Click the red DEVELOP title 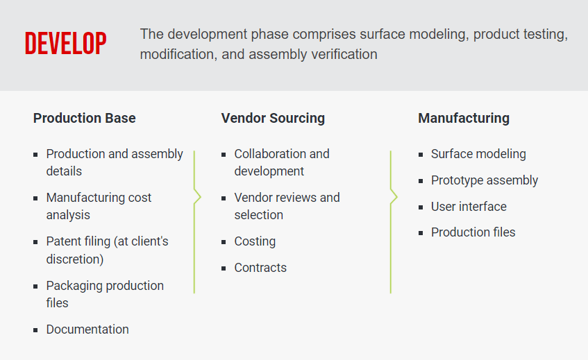pos(65,43)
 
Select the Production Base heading pos(84,118)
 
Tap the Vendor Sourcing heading pos(273,118)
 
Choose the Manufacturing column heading pos(464,118)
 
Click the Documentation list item pos(87,329)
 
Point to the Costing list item pos(255,241)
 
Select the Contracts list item pos(260,268)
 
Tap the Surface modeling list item pos(478,154)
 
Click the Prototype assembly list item pos(485,180)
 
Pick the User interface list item pos(469,207)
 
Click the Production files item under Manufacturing pos(473,232)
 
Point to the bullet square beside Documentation pos(35,330)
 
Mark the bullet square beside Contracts pos(224,268)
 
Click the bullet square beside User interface pos(421,207)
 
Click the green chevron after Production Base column pos(197,197)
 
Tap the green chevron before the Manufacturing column pos(394,197)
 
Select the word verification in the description pos(342,54)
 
